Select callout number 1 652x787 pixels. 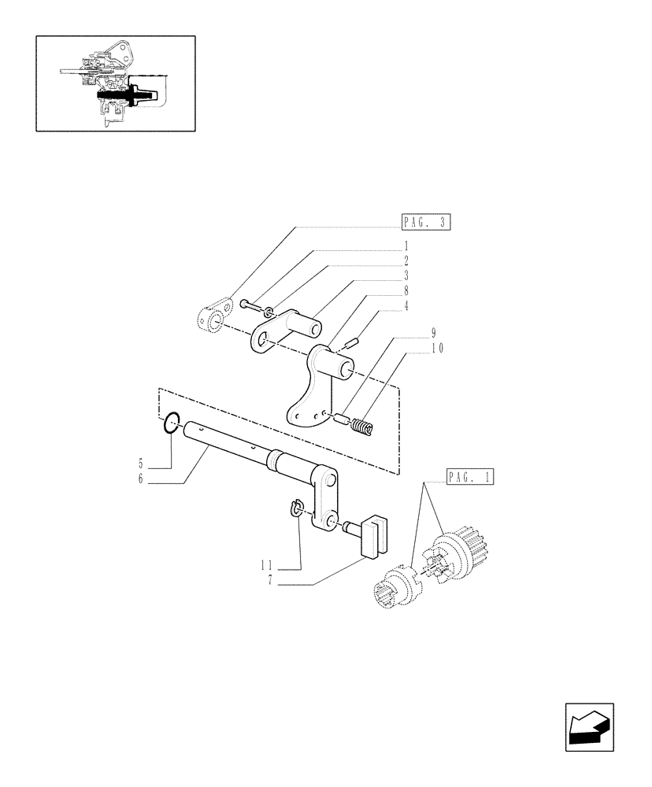(406, 245)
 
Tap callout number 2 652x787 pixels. (406, 260)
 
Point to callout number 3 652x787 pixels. (406, 275)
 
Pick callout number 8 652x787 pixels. (406, 290)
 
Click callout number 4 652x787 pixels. (406, 305)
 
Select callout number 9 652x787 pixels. (433, 332)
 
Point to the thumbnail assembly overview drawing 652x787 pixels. (116, 83)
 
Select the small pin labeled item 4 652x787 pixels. (351, 342)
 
